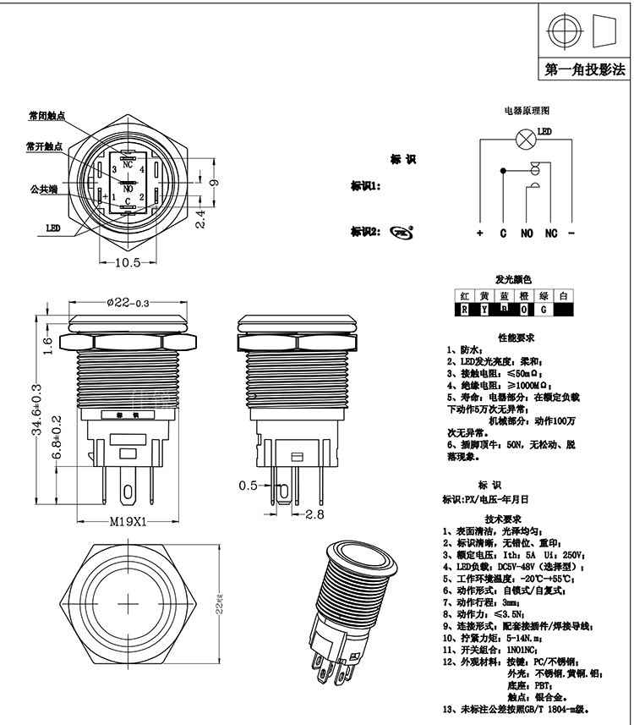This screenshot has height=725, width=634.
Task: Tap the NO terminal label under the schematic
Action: [526, 233]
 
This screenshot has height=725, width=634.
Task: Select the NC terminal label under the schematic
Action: [550, 233]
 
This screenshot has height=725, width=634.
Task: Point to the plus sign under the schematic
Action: [479, 233]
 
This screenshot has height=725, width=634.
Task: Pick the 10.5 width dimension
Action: [127, 263]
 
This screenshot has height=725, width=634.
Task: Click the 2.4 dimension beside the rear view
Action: [199, 220]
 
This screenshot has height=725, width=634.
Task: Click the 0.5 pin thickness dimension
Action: [247, 486]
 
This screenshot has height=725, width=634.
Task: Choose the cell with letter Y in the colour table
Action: [484, 310]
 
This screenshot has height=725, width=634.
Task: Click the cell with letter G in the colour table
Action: [544, 310]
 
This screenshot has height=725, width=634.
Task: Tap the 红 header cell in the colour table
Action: [464, 296]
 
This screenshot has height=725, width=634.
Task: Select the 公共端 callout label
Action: [43, 188]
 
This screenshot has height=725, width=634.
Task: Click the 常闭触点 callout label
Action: [46, 116]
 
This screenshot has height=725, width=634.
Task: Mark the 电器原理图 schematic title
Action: [527, 111]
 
